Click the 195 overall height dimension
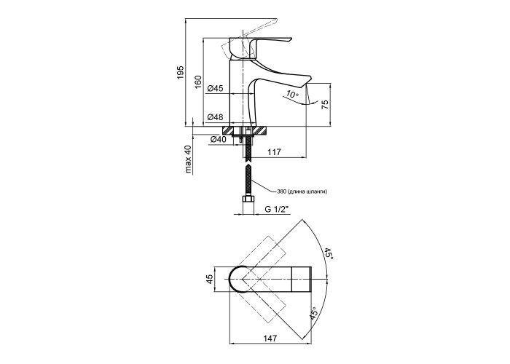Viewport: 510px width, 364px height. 181,72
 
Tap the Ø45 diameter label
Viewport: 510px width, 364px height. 215,88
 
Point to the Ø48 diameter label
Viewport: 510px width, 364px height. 215,116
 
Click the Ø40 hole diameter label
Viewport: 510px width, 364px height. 219,140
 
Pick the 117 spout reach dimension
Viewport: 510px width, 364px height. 274,151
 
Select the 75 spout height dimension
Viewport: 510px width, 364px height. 325,104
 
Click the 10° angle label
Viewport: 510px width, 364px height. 291,94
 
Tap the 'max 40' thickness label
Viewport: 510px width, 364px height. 188,159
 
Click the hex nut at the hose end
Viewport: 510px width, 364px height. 248,200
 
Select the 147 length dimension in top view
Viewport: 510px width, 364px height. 270,339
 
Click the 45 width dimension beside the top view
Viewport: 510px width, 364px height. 210,279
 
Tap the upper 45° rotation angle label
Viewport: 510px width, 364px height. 328,255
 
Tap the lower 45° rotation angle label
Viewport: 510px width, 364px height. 313,314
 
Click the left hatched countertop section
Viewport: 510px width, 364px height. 227,130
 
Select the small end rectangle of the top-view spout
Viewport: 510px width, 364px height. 302,279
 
